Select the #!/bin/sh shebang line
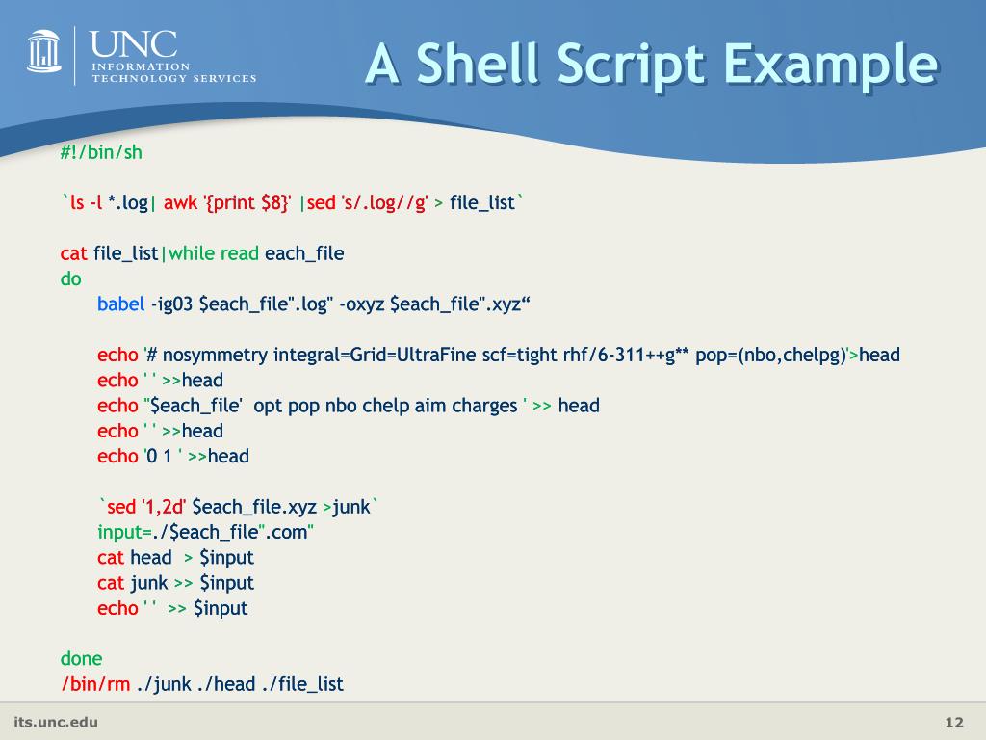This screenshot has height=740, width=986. (x=101, y=152)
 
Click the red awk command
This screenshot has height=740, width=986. (x=180, y=203)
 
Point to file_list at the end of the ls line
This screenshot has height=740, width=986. (x=482, y=203)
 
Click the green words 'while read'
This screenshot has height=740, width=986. (x=214, y=253)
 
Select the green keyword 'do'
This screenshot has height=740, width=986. (x=71, y=279)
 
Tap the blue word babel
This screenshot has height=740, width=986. (x=120, y=304)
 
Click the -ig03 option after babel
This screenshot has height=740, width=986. (x=172, y=304)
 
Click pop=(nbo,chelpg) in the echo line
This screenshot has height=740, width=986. (x=769, y=355)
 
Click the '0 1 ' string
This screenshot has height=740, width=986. (x=163, y=456)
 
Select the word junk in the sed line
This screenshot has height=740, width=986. (x=351, y=507)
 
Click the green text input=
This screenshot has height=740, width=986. (x=123, y=532)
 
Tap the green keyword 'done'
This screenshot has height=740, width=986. (x=81, y=659)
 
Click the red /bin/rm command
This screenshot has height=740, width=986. (x=95, y=684)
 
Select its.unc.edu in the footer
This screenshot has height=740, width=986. (x=56, y=722)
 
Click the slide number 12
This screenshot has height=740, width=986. (x=954, y=723)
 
